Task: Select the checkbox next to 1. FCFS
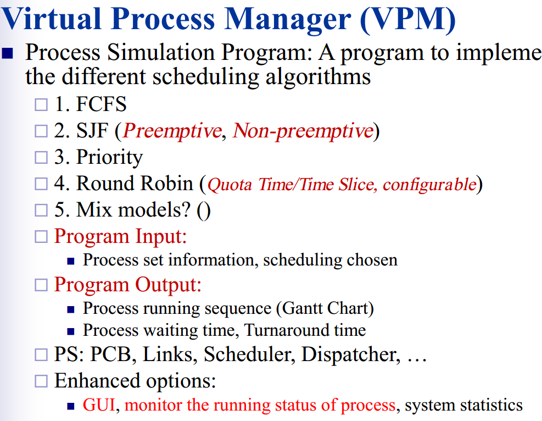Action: pos(42,104)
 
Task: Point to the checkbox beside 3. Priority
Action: pos(42,157)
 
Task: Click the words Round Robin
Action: pos(135,184)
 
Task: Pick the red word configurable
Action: pos(428,184)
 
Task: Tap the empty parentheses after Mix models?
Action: pos(203,210)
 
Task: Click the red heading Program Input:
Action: pos(120,236)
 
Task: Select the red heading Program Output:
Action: pos(127,284)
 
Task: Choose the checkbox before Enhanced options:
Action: pos(42,381)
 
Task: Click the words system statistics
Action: pos(463,406)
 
